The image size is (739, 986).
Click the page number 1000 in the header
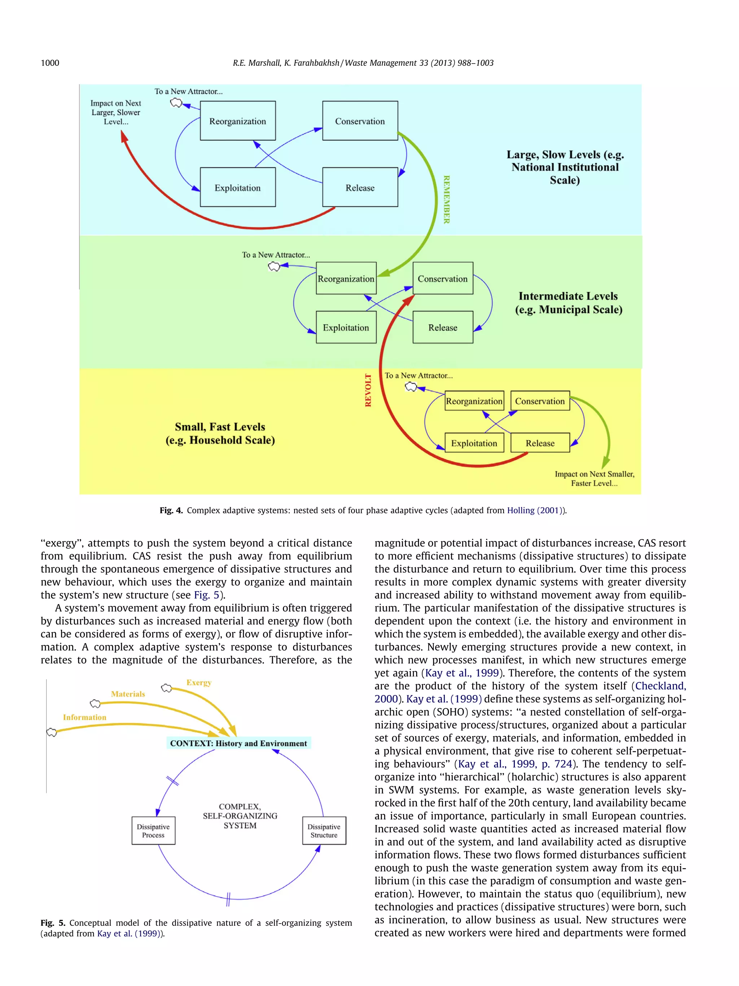pos(50,63)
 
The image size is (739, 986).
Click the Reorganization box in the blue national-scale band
pos(237,121)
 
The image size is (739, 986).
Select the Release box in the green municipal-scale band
pos(442,327)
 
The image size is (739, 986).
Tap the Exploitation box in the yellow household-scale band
pos(474,443)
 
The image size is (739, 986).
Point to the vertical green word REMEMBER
pos(446,199)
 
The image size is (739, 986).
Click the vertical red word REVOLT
pos(368,390)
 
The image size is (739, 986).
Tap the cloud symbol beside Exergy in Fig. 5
pos(166,688)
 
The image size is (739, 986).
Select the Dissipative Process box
pos(153,830)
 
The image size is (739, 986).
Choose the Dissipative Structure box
pos(324,830)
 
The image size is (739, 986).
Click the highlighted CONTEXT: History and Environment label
pos(238,743)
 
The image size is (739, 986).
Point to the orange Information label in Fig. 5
pos(85,717)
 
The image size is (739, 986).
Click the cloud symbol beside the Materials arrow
pos(95,703)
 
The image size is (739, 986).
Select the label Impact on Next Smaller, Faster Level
pos(594,478)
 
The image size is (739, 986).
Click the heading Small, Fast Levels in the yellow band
pos(220,427)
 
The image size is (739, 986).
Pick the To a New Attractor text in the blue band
pos(188,91)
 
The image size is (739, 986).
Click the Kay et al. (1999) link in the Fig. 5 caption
pos(129,933)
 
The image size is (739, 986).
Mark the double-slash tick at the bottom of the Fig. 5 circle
pos(228,899)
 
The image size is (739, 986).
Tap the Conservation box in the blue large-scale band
pos(360,121)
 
